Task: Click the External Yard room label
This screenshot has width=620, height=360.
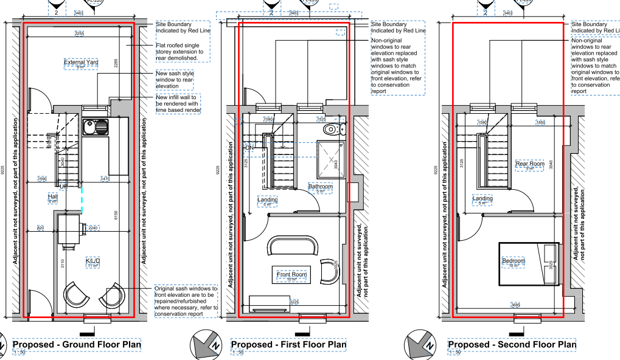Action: tap(81, 62)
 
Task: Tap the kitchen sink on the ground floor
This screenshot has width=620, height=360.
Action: tap(95, 127)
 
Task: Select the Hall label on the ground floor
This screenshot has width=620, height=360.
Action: tap(52, 197)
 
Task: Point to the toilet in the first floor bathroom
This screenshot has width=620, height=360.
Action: tap(331, 129)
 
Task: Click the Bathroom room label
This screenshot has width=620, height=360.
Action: tap(321, 187)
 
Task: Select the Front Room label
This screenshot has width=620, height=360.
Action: tap(291, 275)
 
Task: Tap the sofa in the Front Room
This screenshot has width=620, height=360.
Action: tap(294, 246)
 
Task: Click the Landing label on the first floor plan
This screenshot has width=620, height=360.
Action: tap(267, 199)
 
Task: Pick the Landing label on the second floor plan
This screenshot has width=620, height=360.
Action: tap(482, 199)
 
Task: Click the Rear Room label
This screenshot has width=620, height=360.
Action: tap(529, 164)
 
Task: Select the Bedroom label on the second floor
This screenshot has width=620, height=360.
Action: tap(513, 261)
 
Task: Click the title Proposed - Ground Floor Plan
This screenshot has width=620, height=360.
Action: tap(77, 345)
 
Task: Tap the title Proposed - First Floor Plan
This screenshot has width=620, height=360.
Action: tap(288, 345)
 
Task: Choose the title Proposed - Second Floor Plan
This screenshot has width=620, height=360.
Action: tap(512, 345)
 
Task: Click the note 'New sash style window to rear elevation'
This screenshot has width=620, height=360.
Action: tap(175, 80)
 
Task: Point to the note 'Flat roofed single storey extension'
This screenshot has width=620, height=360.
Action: tap(181, 51)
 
